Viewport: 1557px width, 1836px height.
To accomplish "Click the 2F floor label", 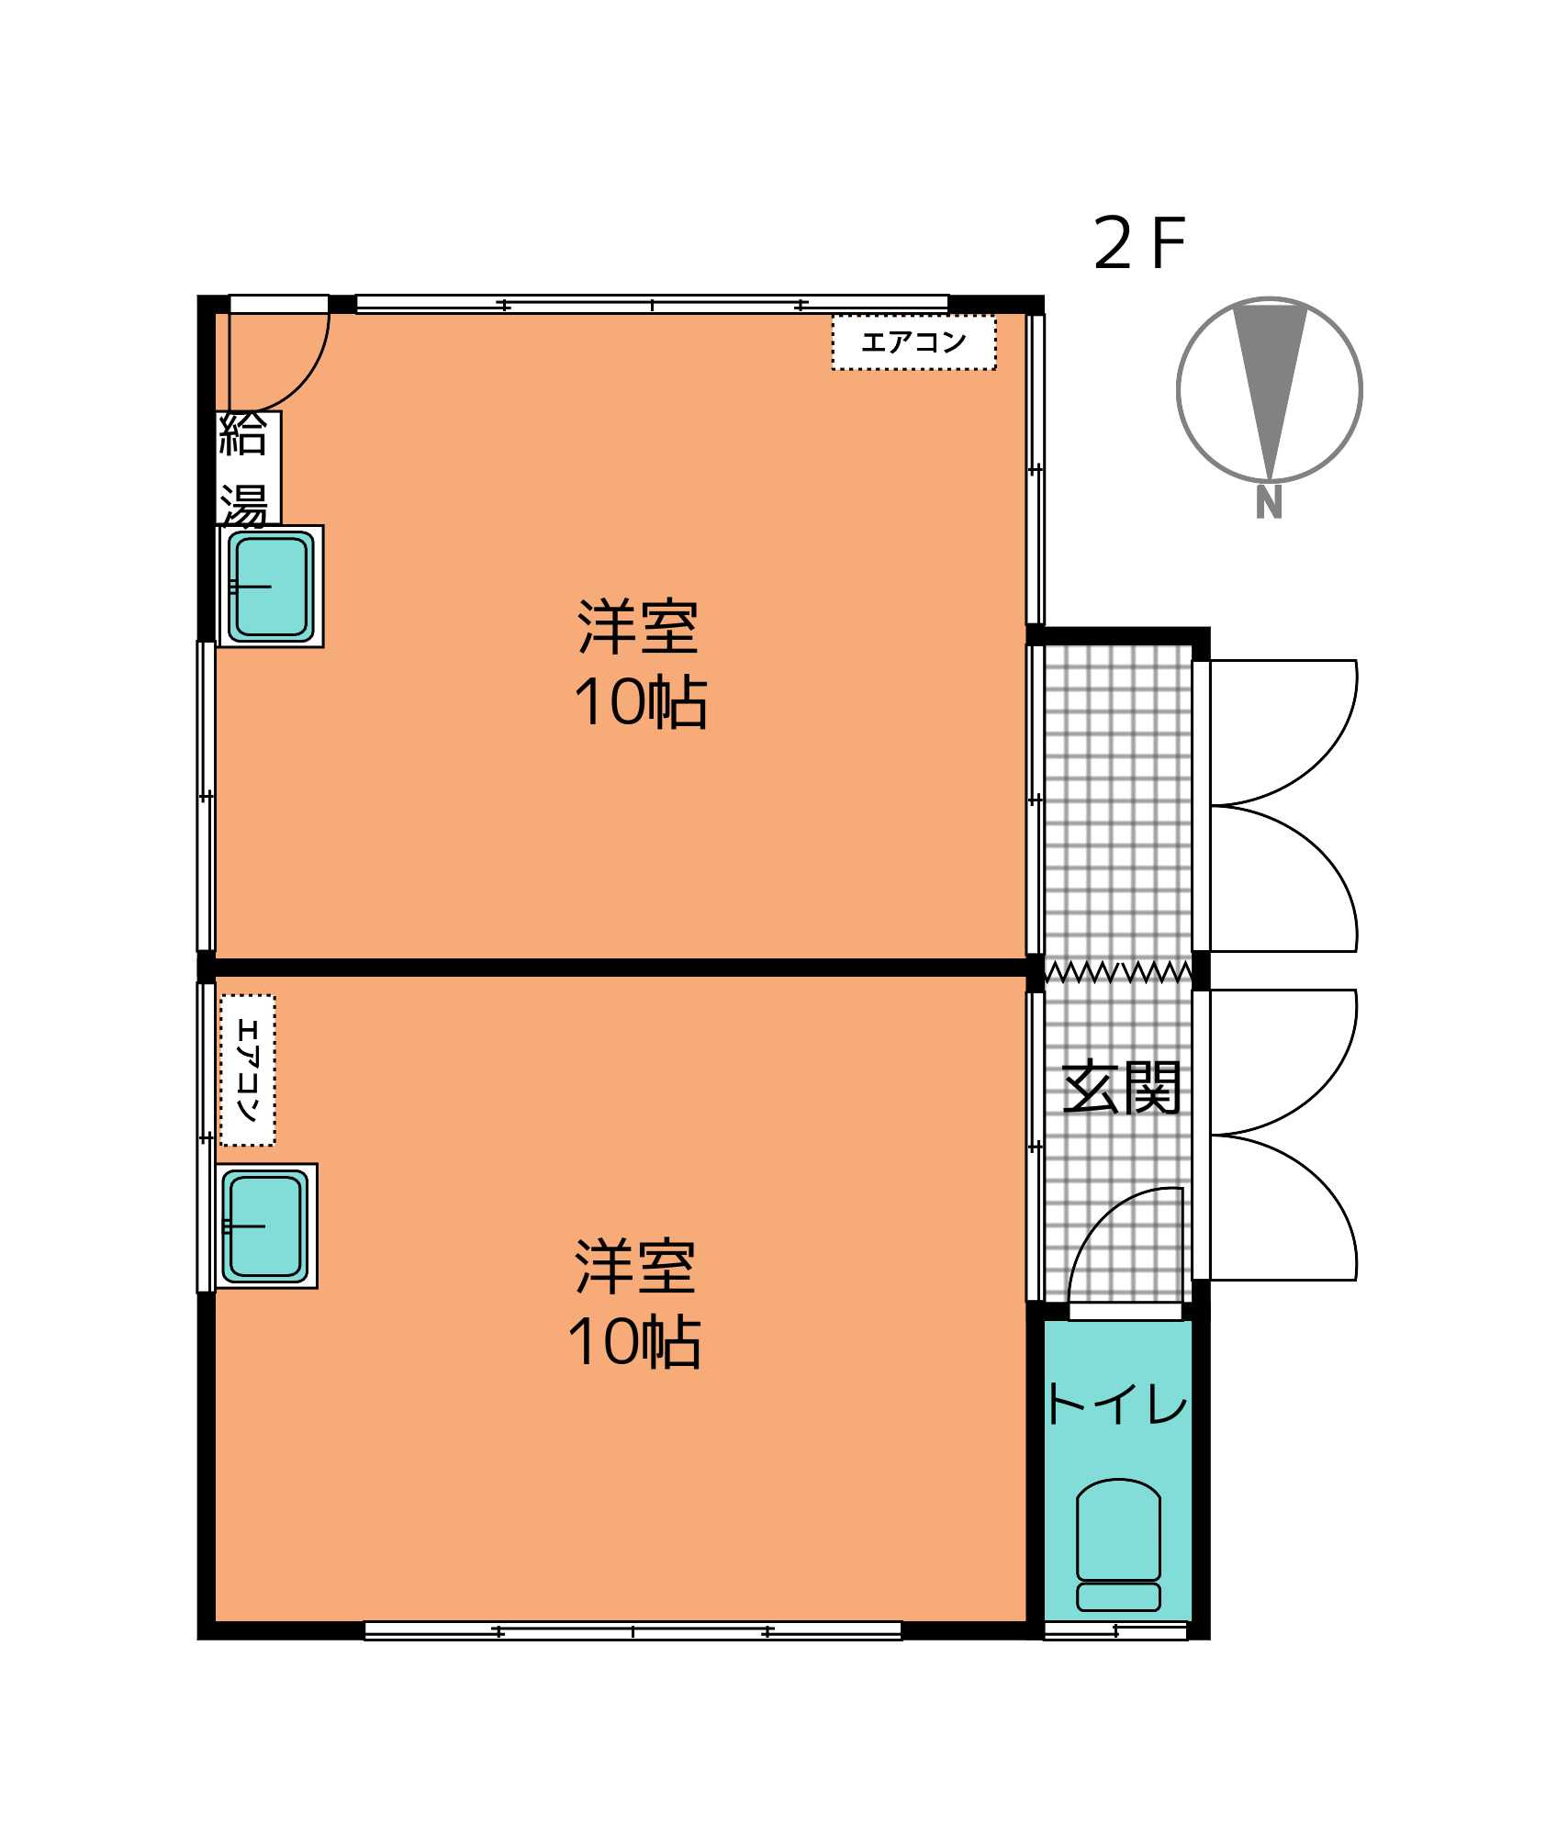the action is [x=1139, y=243].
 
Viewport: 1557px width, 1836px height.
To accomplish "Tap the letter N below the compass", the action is [x=1269, y=503].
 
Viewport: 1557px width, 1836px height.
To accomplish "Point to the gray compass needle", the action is [x=1270, y=390].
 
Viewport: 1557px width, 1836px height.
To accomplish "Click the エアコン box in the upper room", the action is [x=913, y=342].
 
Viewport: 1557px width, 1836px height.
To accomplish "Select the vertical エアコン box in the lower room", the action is [x=248, y=1069].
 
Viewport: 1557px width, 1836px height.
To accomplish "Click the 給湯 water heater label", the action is [x=244, y=468].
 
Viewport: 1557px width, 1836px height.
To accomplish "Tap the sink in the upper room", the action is [x=271, y=586].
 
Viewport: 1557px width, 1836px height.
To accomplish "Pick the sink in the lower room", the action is [x=266, y=1226].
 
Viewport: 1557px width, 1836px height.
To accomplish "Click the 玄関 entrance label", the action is [x=1120, y=1088].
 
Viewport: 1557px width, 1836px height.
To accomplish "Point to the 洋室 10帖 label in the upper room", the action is [x=640, y=664].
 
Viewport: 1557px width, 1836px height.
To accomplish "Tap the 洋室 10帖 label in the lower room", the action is [x=634, y=1304].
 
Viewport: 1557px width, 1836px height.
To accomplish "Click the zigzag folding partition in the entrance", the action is [x=1118, y=971].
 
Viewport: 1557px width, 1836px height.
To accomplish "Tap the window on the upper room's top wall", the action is [x=652, y=304].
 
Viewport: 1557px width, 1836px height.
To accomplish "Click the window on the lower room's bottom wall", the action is [x=633, y=1630].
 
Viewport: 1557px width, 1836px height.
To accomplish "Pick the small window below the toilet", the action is [x=1115, y=1630].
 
